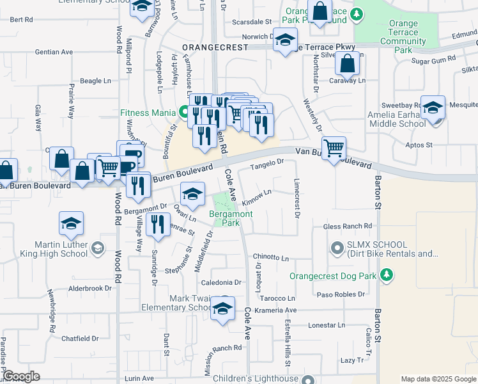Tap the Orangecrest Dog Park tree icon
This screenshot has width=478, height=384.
pyautogui.click(x=386, y=275)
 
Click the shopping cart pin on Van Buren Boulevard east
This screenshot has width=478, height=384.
pyautogui.click(x=334, y=148)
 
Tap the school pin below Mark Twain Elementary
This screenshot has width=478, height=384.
pyautogui.click(x=222, y=308)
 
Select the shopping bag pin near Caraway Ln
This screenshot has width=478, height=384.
pyautogui.click(x=347, y=63)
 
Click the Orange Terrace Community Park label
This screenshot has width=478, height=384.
pyautogui.click(x=403, y=37)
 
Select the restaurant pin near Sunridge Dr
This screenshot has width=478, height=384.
pyautogui.click(x=157, y=224)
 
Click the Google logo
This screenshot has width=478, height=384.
pyautogui.click(x=21, y=376)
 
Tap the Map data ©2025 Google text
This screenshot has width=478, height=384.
pyautogui.click(x=438, y=379)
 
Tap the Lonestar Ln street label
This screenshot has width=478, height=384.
pyautogui.click(x=327, y=325)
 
